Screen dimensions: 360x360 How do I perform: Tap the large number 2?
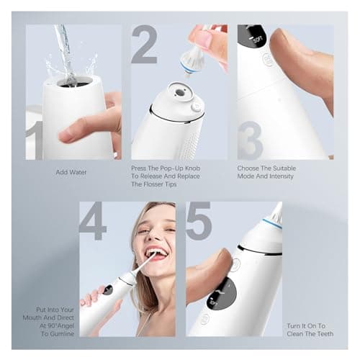point(145,45)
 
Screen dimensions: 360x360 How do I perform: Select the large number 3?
point(250,139)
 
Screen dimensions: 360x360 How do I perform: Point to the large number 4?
point(93,221)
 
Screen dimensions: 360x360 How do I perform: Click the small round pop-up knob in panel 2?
point(197,106)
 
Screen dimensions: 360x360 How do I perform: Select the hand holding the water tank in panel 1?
point(90,126)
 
